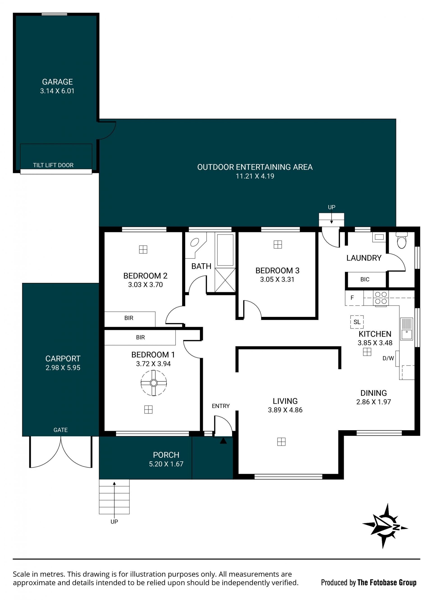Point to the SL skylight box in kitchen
click(x=357, y=322)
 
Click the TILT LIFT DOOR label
click(x=53, y=165)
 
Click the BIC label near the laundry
click(x=365, y=279)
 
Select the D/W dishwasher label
click(x=388, y=358)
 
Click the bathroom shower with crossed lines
click(x=225, y=280)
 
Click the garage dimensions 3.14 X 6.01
click(x=57, y=91)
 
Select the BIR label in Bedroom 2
click(x=129, y=318)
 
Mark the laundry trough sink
click(x=379, y=237)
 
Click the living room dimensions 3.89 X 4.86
click(x=285, y=410)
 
